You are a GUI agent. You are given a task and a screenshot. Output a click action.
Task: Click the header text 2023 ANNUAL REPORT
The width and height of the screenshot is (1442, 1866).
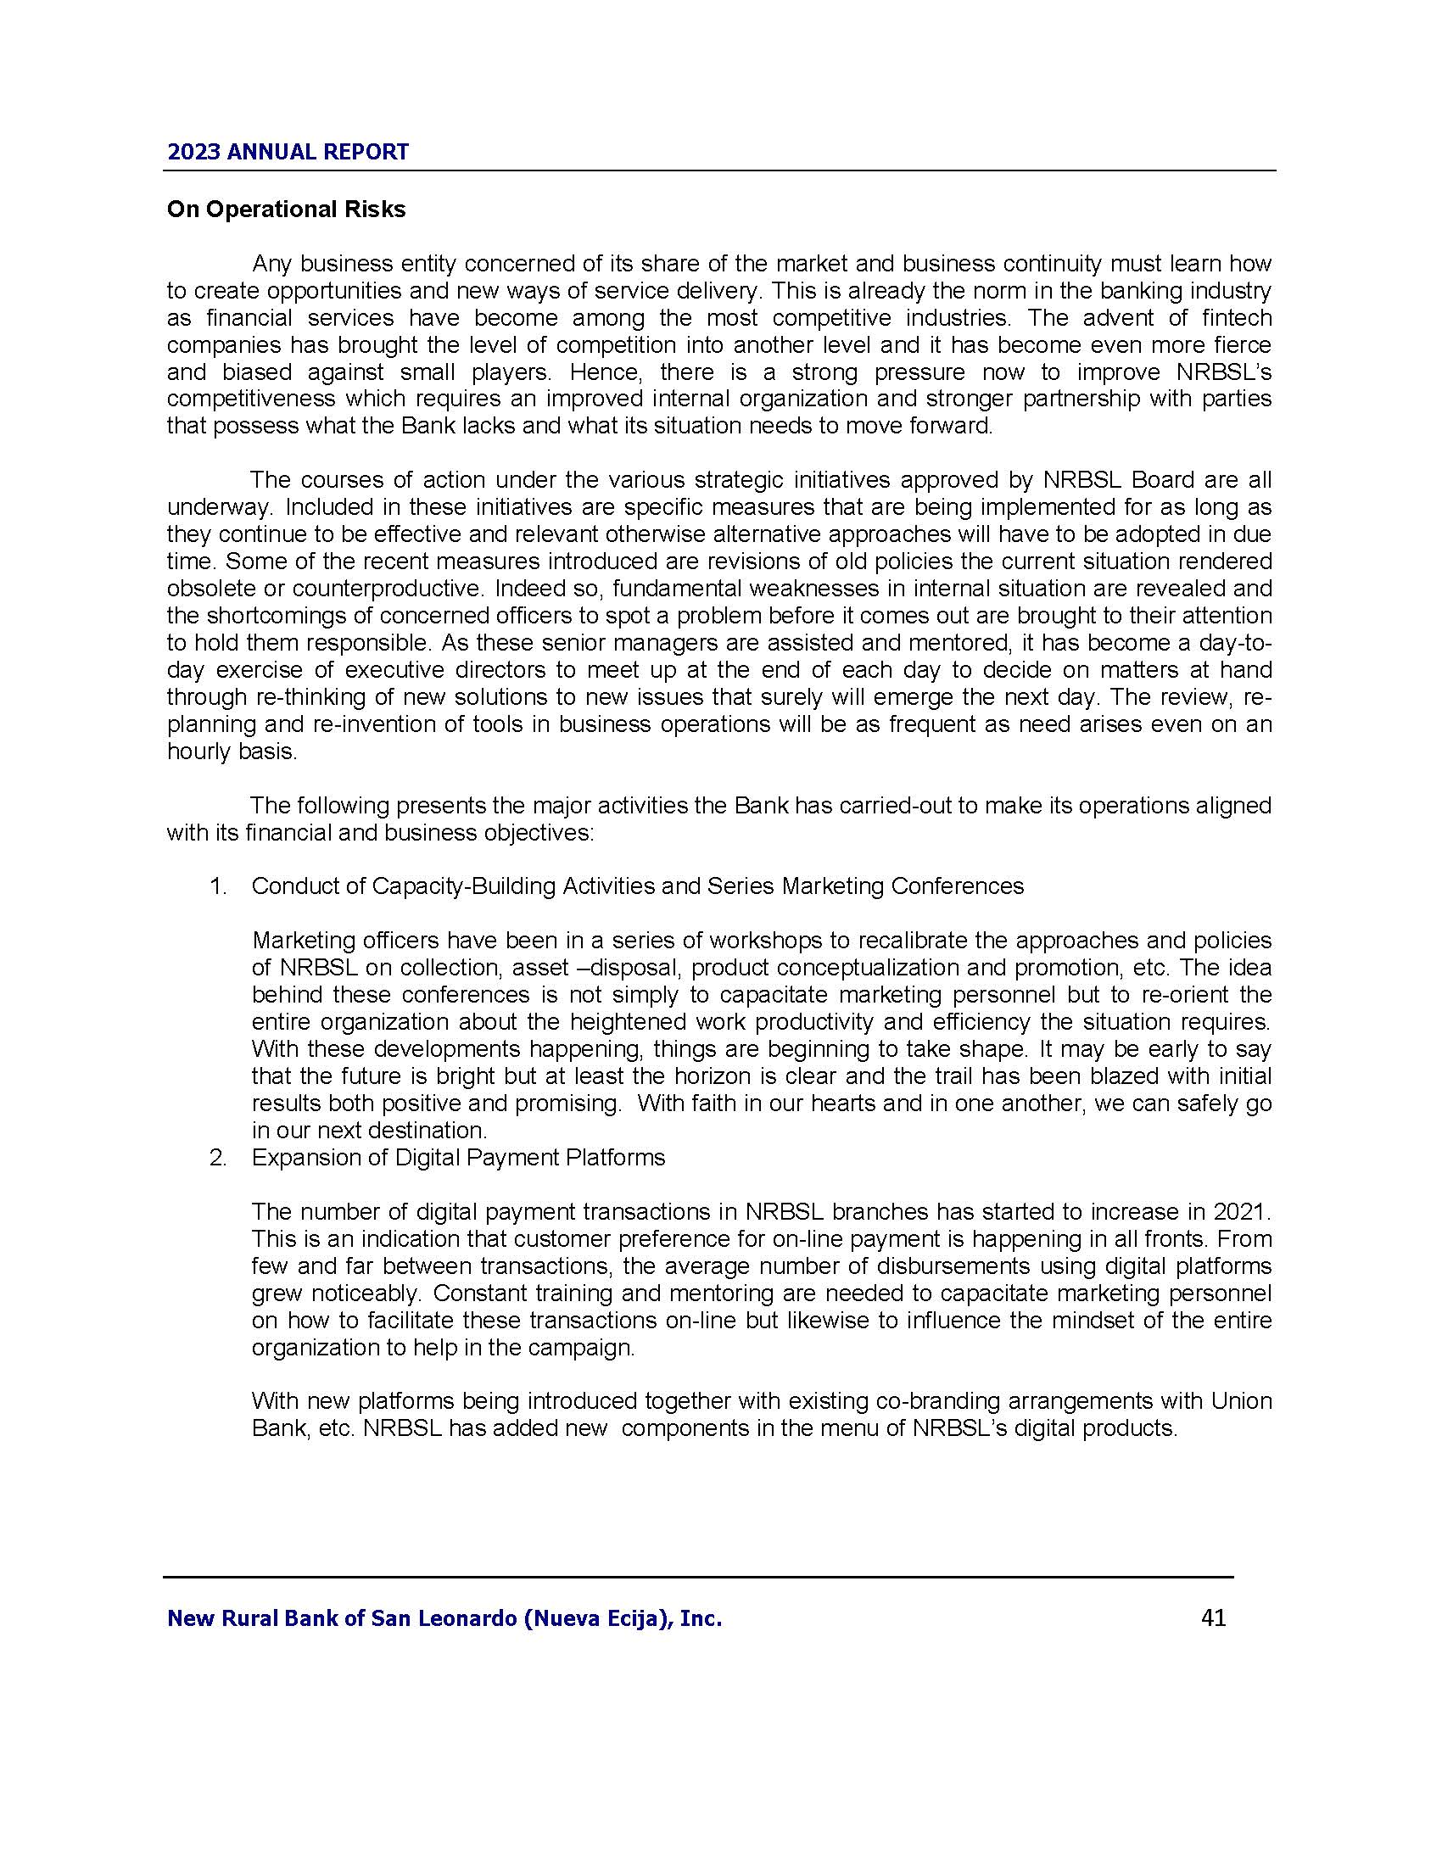point(288,152)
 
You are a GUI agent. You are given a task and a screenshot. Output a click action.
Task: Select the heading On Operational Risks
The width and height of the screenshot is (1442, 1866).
point(286,210)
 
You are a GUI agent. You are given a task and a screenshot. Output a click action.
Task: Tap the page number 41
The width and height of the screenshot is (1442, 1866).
point(1213,1617)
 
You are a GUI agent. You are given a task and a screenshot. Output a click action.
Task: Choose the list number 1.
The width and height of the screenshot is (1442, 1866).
point(218,886)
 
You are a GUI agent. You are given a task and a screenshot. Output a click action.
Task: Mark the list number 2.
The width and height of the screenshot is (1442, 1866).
point(218,1158)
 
